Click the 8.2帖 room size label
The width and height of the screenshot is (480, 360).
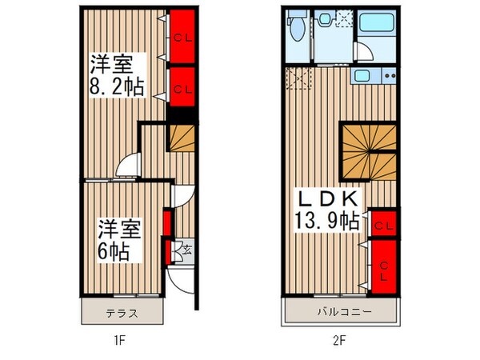click(x=118, y=86)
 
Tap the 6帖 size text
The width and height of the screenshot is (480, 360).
click(x=111, y=250)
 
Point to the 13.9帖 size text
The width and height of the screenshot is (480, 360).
click(x=327, y=221)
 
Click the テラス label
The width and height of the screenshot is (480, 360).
click(x=122, y=313)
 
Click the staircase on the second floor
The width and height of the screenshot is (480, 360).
click(x=368, y=152)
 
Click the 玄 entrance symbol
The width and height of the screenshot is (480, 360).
click(x=186, y=250)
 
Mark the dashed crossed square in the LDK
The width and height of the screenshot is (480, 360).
click(x=298, y=80)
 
